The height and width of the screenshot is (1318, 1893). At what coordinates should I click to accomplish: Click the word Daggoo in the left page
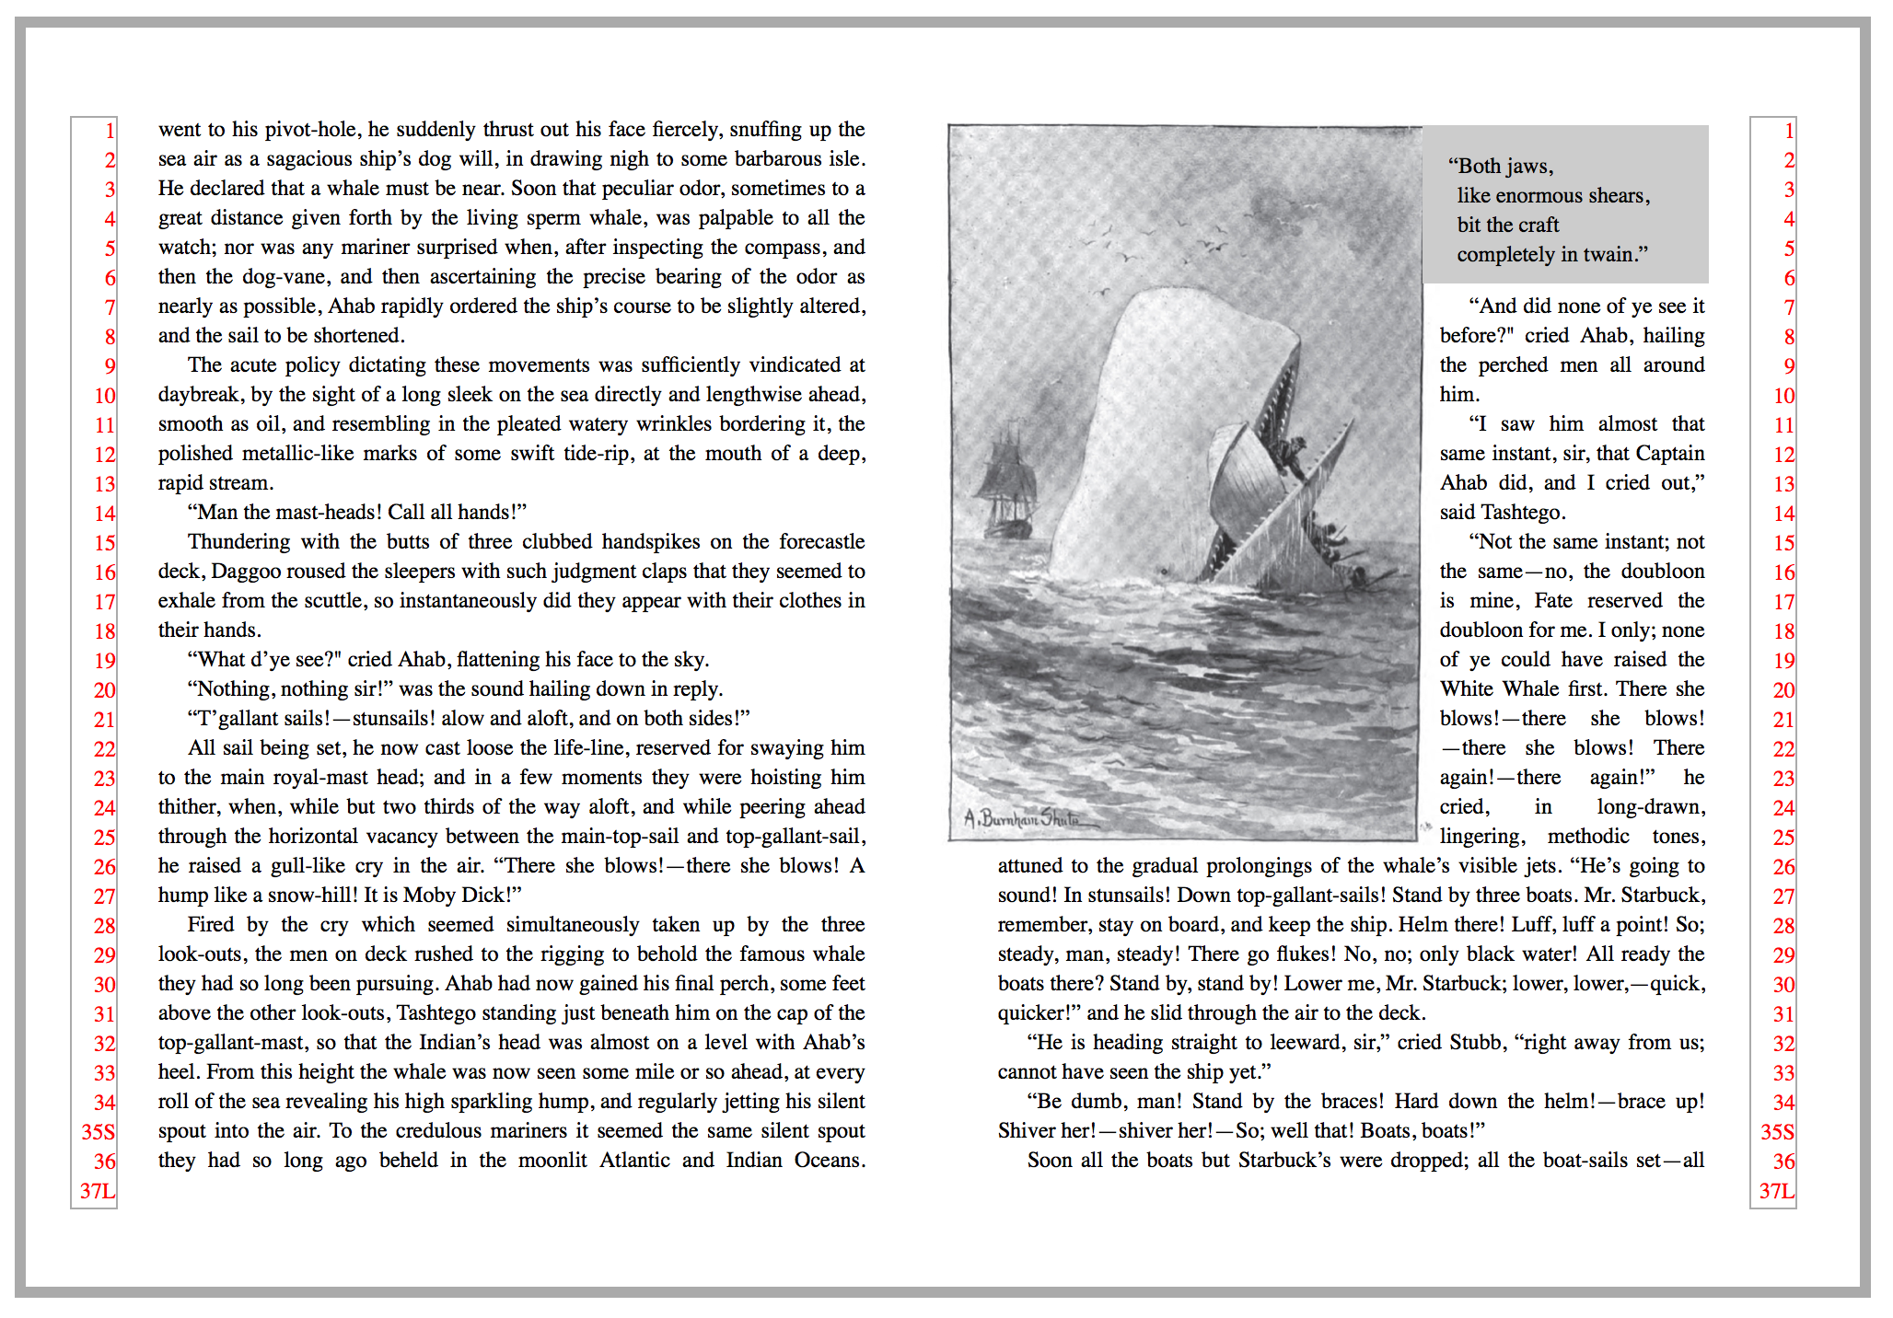(244, 572)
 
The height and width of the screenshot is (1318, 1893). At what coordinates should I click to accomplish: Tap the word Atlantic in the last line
(634, 1161)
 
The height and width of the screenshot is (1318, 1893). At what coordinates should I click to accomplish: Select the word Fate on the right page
(1553, 601)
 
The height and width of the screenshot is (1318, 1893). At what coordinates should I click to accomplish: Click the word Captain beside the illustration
(1670, 454)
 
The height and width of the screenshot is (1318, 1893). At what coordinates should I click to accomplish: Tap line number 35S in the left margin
(99, 1132)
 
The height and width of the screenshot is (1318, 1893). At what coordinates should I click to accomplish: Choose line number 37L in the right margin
(1776, 1191)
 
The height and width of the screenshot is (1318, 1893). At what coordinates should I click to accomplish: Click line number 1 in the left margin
(110, 131)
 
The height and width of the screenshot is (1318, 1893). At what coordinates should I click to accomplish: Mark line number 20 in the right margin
(1783, 690)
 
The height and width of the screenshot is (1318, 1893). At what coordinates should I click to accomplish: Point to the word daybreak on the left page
(201, 395)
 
